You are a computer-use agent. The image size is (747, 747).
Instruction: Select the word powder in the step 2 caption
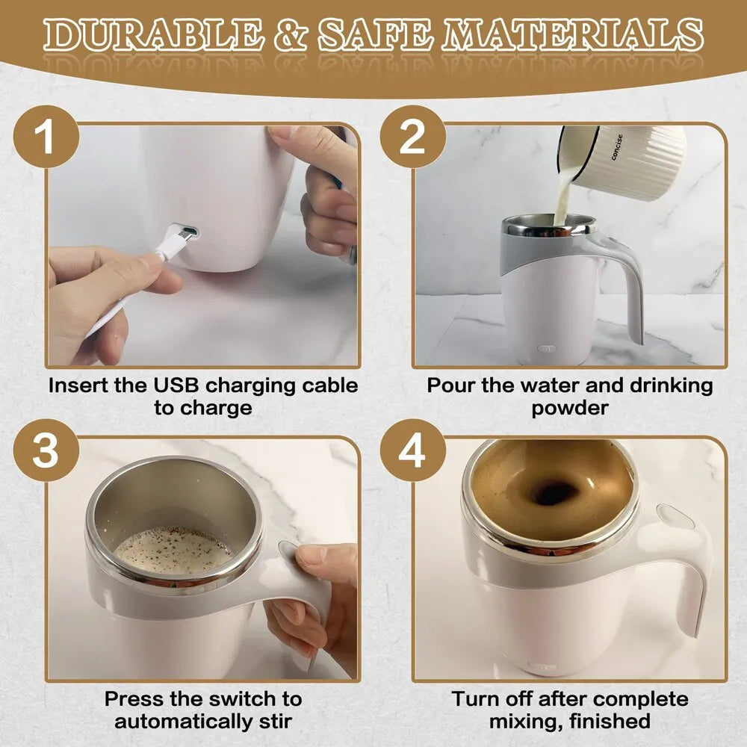tap(570, 409)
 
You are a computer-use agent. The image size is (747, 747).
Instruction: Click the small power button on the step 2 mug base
tap(547, 348)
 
